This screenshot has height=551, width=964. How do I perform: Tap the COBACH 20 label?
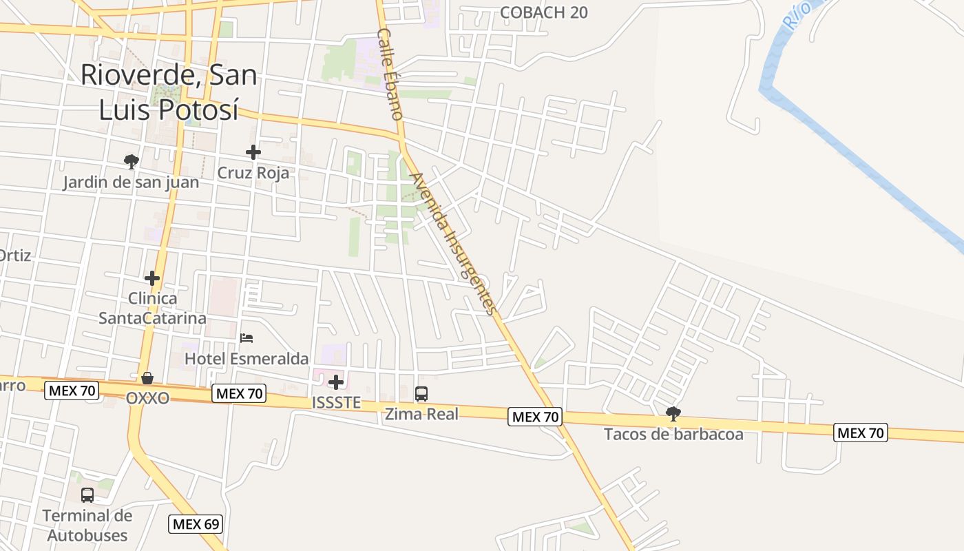coord(543,12)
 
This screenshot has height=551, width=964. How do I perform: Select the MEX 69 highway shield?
coord(196,524)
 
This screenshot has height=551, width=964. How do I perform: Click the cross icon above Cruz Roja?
coord(253,152)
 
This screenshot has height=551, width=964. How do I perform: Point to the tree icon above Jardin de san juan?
coord(131,162)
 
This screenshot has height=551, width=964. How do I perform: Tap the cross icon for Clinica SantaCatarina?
coord(152,278)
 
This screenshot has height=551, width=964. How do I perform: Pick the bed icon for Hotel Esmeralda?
coord(247,338)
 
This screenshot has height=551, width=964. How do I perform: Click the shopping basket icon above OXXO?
coord(147,378)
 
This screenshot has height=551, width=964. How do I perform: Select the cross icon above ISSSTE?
coord(336,382)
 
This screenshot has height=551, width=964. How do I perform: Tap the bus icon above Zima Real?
coord(421,394)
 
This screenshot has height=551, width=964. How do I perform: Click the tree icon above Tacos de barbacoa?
coord(673,414)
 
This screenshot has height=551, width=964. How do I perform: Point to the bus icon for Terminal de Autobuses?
coord(87,495)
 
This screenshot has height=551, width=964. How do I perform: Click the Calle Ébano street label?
coord(390,74)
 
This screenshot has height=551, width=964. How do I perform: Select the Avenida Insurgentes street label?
coord(452,243)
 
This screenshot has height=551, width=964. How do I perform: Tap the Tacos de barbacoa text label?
coord(673,434)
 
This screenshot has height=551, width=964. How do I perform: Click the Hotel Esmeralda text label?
coord(247,359)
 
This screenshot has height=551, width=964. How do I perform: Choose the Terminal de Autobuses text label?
coord(87,526)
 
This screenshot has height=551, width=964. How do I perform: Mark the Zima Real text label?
coord(421,415)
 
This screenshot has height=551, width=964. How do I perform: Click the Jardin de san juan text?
coord(131,183)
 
